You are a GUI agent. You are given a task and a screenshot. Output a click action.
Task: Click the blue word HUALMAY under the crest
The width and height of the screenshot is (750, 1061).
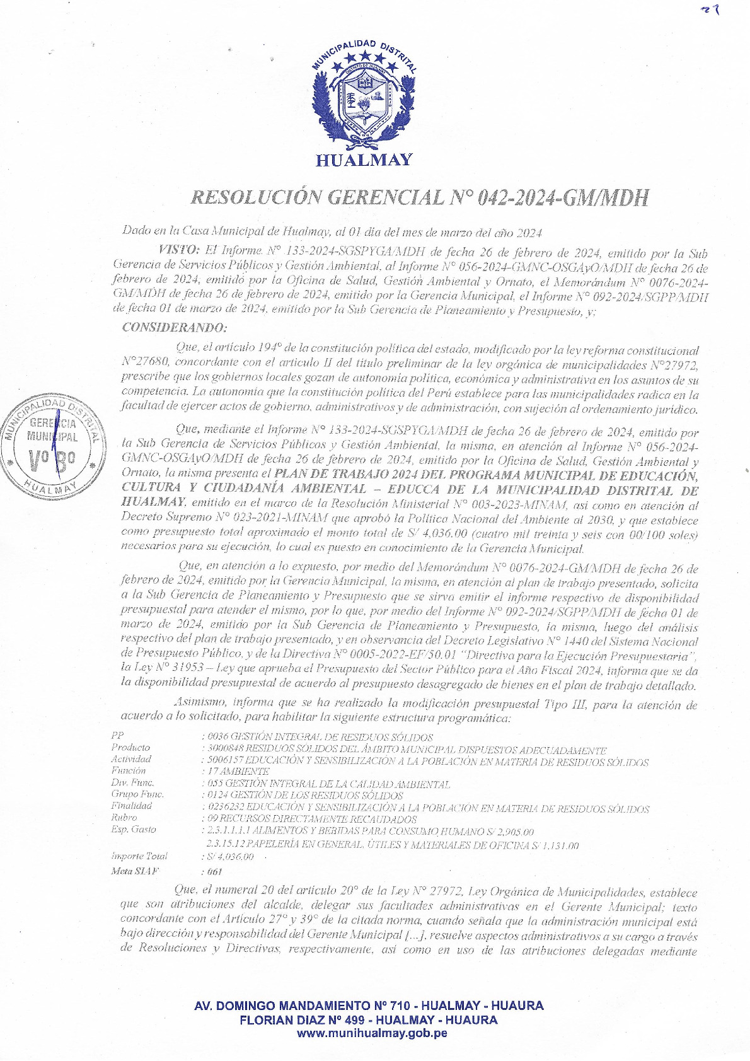click(x=364, y=160)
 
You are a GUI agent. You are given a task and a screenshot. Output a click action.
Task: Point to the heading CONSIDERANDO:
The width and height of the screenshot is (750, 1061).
click(x=174, y=328)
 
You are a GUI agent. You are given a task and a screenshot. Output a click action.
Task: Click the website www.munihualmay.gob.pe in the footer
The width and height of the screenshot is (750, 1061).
click(x=372, y=1033)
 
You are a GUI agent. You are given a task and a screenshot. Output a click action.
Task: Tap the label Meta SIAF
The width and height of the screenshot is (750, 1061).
click(x=134, y=871)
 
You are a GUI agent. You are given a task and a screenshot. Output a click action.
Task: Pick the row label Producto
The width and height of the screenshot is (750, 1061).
click(x=130, y=748)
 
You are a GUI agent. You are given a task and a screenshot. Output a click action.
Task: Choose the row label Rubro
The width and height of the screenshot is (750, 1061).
click(x=124, y=818)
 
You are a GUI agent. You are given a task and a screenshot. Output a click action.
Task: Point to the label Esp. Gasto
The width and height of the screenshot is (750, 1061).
click(x=134, y=830)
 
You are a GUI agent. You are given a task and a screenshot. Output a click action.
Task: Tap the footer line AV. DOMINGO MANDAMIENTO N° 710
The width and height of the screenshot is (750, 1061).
click(x=369, y=1006)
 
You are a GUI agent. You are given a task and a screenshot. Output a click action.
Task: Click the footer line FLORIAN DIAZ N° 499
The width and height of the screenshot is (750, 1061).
click(x=369, y=1019)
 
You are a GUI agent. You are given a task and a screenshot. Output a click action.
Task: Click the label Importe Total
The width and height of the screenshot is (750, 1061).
click(x=139, y=856)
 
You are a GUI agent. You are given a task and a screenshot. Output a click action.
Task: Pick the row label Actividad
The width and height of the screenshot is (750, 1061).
click(x=131, y=759)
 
